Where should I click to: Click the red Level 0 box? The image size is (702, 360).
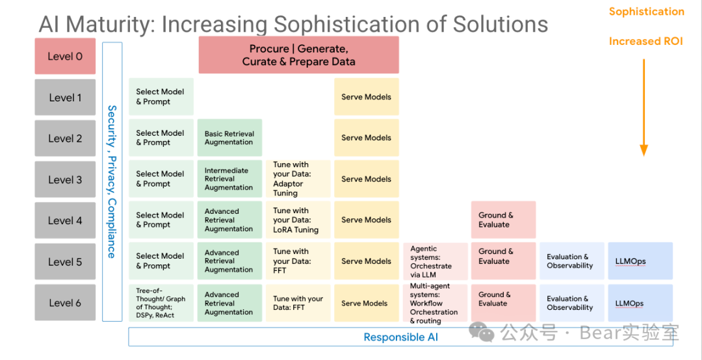tap(66, 56)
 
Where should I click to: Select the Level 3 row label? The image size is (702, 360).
tap(66, 179)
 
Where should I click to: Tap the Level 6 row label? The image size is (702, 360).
tap(66, 302)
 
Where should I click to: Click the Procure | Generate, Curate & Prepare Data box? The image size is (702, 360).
tap(298, 55)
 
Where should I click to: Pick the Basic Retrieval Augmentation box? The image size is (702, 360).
tap(229, 138)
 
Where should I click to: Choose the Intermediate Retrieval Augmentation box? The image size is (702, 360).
tap(229, 179)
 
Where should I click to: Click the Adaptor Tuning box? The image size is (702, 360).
tap(298, 179)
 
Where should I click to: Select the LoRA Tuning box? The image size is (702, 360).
tap(298, 220)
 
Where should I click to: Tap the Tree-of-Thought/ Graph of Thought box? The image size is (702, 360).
tap(161, 303)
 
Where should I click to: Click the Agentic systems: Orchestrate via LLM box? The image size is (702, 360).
tap(435, 261)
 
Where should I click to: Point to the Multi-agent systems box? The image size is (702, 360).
tap(435, 303)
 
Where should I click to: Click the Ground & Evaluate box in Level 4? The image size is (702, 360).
tap(503, 220)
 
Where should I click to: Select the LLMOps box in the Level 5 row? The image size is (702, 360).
tap(640, 261)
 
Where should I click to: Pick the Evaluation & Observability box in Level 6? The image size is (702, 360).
tap(572, 303)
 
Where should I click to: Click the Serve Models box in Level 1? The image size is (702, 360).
tap(366, 97)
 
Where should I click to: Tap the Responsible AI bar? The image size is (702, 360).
tap(400, 337)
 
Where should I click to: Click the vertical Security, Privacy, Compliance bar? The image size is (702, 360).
tap(112, 182)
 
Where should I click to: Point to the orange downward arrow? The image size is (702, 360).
tap(643, 107)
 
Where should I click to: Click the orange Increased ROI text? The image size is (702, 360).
tap(645, 42)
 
